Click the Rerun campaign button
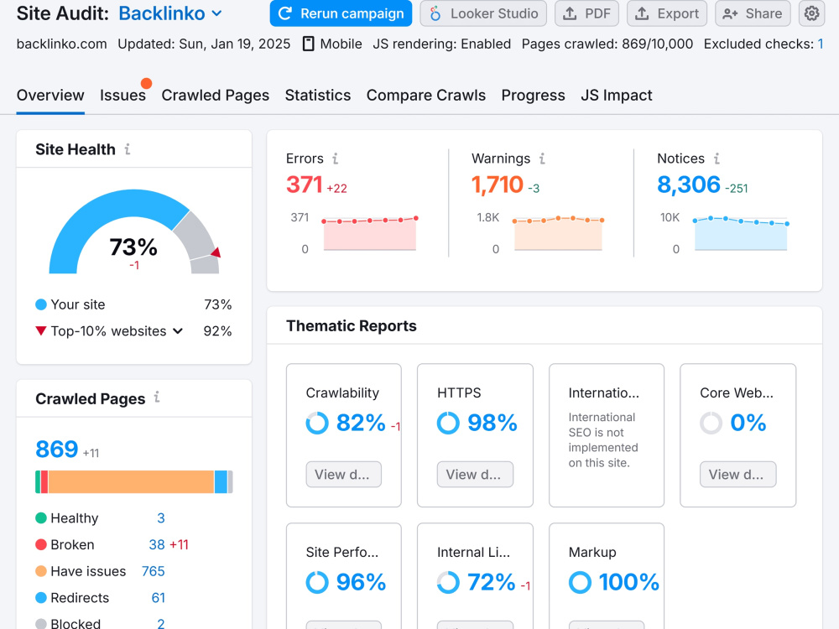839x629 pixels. [341, 13]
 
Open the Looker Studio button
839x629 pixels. [483, 13]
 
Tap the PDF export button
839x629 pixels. [586, 13]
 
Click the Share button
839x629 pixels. [753, 13]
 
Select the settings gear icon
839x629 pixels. [811, 13]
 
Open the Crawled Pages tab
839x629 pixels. [215, 96]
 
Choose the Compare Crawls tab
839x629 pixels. [426, 96]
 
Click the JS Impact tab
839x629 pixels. [617, 96]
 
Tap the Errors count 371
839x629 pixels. [305, 185]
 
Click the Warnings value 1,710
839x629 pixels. [497, 185]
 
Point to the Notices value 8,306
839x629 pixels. [689, 185]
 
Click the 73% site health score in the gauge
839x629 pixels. [133, 247]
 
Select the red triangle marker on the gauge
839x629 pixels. [216, 252]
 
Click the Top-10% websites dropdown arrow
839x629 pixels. [178, 331]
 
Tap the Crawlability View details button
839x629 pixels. [343, 475]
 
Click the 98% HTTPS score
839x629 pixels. [492, 423]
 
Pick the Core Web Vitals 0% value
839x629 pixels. [748, 423]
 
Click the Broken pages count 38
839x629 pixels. [157, 544]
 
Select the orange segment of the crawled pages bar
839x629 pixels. [131, 482]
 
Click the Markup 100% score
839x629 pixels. [628, 583]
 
